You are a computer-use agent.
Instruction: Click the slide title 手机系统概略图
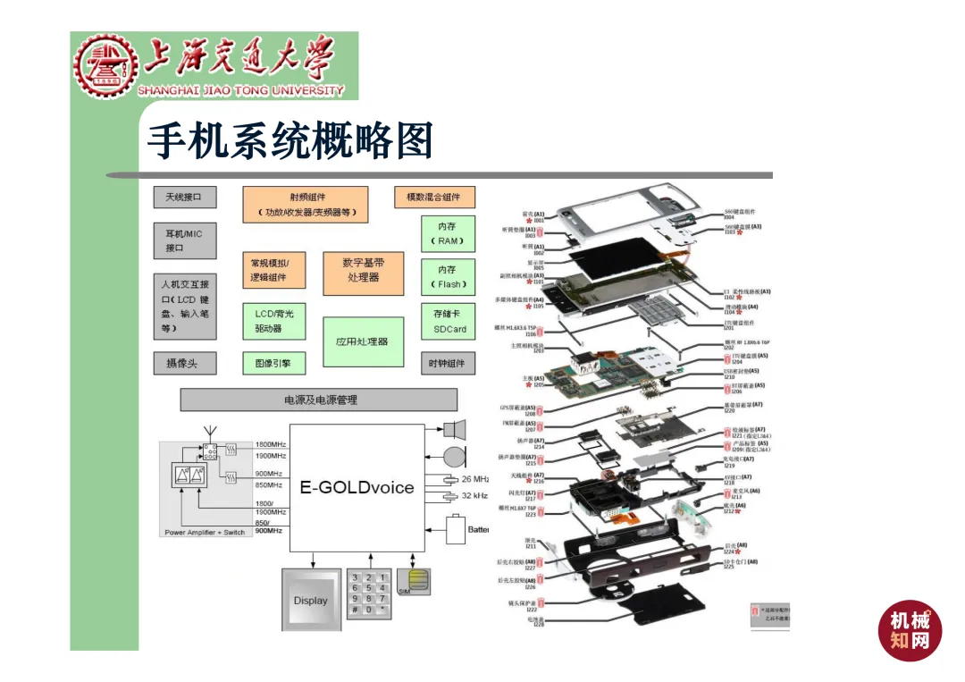pos(289,140)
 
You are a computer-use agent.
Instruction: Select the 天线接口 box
pos(185,197)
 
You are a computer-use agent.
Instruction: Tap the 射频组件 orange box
pos(306,205)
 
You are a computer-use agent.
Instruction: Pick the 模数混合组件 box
pos(434,197)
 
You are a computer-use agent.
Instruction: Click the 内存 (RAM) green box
pos(447,234)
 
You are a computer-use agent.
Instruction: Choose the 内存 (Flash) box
pos(447,277)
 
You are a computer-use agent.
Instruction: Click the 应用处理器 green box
pos(363,341)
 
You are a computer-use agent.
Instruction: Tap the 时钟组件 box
pos(448,364)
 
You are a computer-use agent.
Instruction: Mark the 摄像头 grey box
pos(185,364)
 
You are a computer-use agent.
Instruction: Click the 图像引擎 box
pos(273,364)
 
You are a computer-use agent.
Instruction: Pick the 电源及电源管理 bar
pos(320,400)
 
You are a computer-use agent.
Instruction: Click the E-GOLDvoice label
pos(357,487)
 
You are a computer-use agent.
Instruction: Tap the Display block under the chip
pos(310,600)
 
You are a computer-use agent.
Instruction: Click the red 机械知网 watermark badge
pos(910,630)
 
